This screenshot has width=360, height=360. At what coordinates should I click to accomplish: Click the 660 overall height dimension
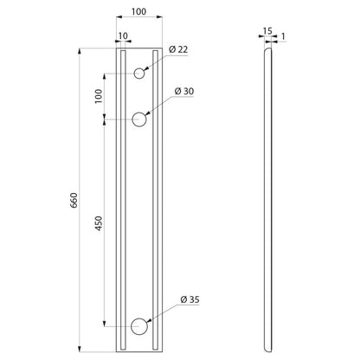(x=74, y=200)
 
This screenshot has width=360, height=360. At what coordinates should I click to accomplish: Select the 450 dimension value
(x=99, y=223)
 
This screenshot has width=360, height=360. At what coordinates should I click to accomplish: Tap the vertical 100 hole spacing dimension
(x=99, y=96)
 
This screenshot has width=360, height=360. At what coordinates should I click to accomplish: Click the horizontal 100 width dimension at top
(x=138, y=11)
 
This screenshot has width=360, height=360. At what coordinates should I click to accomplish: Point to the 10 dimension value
(x=123, y=36)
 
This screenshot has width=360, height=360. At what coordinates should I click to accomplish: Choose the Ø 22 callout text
(x=178, y=49)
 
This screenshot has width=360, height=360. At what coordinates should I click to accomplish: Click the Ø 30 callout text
(x=184, y=92)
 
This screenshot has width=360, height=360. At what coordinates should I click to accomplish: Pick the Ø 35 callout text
(x=190, y=299)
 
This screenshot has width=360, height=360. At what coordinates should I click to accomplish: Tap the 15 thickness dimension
(x=267, y=31)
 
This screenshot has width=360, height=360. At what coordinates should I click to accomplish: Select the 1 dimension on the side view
(x=283, y=36)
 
